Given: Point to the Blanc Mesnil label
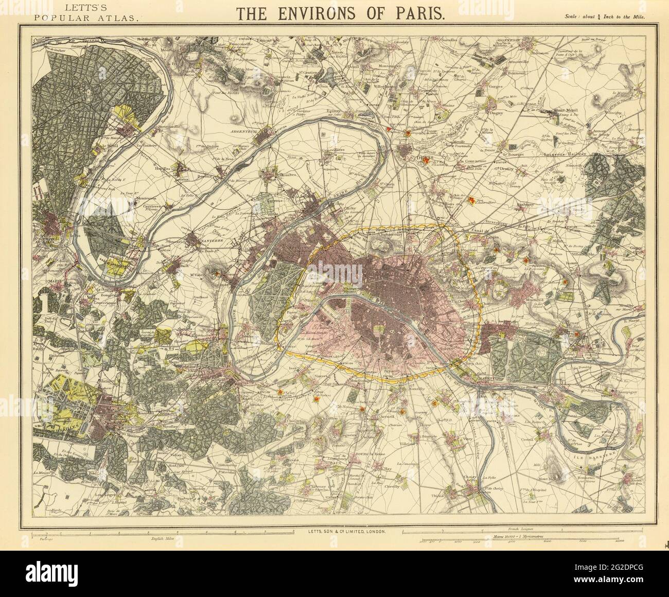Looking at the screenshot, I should point(567,110).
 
